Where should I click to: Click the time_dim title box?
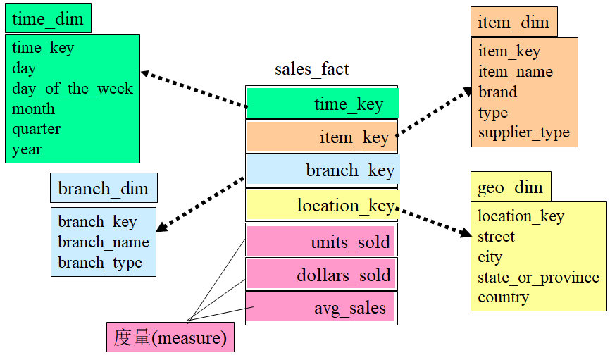coord(48,19)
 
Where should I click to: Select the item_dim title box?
coord(513,23)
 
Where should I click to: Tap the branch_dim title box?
coord(104,189)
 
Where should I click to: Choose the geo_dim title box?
coord(511,187)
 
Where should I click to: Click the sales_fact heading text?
coord(312,68)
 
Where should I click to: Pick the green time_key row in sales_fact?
coord(323,104)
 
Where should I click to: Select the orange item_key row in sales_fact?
coord(322,138)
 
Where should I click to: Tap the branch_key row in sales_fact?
coord(323,171)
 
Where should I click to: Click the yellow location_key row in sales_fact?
coord(323,206)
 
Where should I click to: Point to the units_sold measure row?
coord(321,242)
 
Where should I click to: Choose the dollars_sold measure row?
coord(321,275)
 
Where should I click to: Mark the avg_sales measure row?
coord(321,308)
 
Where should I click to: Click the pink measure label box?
coord(170,338)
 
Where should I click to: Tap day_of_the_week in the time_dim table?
coord(73,89)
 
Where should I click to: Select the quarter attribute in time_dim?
coord(37,129)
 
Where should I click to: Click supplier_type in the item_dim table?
coord(524,132)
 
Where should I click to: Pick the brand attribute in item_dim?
coord(498,92)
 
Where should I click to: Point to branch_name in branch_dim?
coord(104,242)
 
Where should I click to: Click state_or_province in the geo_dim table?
coord(538,277)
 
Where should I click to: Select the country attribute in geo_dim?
coord(503,297)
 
